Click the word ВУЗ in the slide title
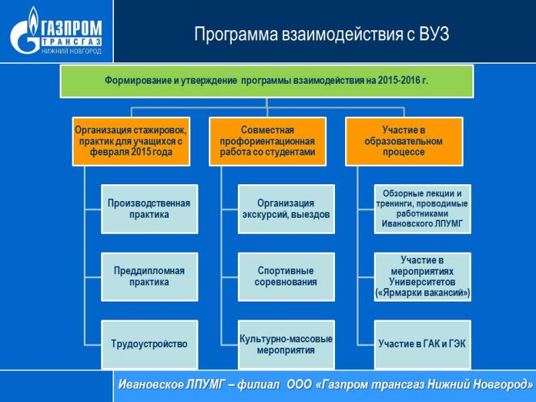pyautogui.click(x=433, y=34)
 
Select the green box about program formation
pyautogui.click(x=267, y=81)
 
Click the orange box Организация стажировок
pyautogui.click(x=131, y=141)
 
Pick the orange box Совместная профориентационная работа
pyautogui.click(x=267, y=141)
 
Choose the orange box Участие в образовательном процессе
pyautogui.click(x=404, y=141)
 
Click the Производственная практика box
pyautogui.click(x=149, y=209)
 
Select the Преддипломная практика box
pyautogui.click(x=149, y=277)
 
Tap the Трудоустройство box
pyautogui.click(x=149, y=344)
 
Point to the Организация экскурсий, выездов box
pyautogui.click(x=286, y=209)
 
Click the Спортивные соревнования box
pyautogui.click(x=286, y=277)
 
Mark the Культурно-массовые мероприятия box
pyautogui.click(x=286, y=344)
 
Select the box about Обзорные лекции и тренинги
pyautogui.click(x=423, y=209)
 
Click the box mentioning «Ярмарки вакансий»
pyautogui.click(x=423, y=277)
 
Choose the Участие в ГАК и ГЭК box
pyautogui.click(x=423, y=344)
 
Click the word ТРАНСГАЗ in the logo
pyautogui.click(x=72, y=42)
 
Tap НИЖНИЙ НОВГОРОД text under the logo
pyautogui.click(x=72, y=52)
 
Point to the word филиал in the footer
pyautogui.click(x=259, y=385)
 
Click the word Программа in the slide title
pyautogui.click(x=236, y=35)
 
